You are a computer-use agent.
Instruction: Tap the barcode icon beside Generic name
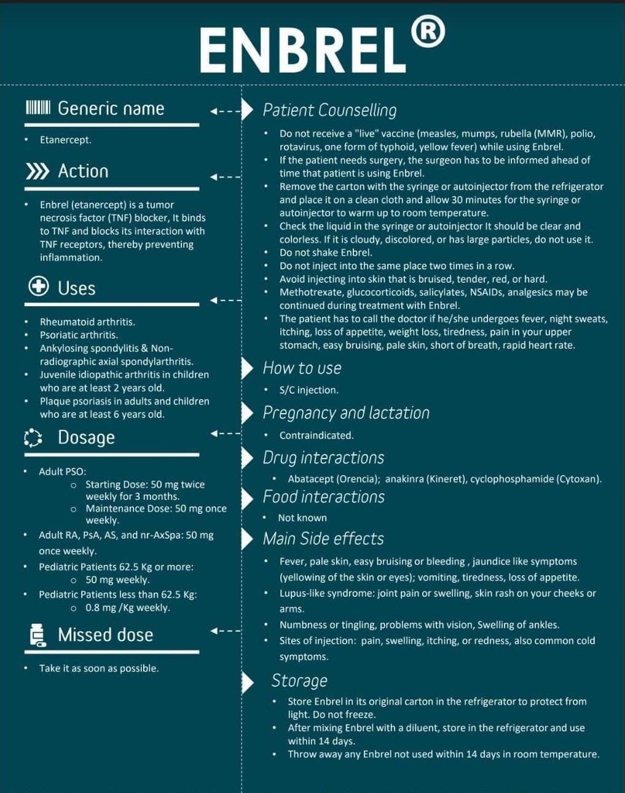click(37, 108)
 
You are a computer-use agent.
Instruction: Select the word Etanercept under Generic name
click(65, 140)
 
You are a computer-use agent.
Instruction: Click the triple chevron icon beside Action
click(37, 171)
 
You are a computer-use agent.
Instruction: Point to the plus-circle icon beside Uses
click(39, 286)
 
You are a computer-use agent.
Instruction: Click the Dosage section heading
click(86, 437)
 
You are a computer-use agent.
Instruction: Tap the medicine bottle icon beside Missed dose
click(37, 635)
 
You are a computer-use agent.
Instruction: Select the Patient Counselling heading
click(329, 110)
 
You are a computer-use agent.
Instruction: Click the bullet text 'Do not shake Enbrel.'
click(326, 253)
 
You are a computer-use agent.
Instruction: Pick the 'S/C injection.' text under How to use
click(309, 390)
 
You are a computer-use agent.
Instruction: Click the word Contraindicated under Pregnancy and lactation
click(316, 436)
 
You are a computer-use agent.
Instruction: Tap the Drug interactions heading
click(323, 458)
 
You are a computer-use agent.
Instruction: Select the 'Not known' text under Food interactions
click(302, 518)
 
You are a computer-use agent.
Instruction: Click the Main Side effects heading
click(323, 539)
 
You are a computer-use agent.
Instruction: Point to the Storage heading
click(299, 681)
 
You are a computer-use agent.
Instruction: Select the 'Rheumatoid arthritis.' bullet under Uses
click(87, 322)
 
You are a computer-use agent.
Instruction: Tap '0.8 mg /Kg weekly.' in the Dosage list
click(128, 608)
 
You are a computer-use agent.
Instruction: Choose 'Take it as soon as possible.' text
click(99, 668)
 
